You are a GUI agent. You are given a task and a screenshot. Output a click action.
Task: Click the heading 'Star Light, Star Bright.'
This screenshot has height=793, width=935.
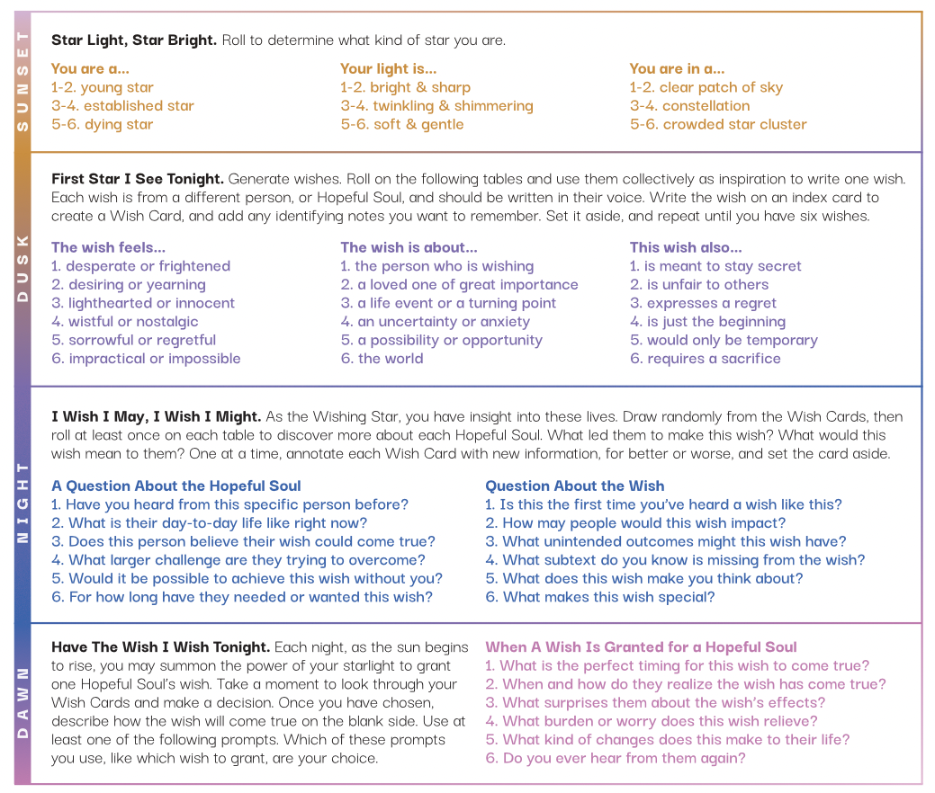pyautogui.click(x=133, y=40)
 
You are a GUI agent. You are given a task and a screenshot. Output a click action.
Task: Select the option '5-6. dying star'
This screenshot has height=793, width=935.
pyautogui.click(x=102, y=124)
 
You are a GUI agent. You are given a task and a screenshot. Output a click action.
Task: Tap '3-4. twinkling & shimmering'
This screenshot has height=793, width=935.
pyautogui.click(x=436, y=106)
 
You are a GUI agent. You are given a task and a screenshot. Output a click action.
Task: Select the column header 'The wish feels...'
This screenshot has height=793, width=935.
pyautogui.click(x=108, y=247)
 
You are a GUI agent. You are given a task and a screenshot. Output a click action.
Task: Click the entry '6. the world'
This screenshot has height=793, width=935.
pyautogui.click(x=382, y=359)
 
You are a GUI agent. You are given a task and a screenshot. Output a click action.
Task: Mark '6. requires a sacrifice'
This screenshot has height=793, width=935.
pyautogui.click(x=705, y=359)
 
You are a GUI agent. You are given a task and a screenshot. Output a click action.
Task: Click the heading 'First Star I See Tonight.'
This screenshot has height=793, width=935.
pyautogui.click(x=138, y=179)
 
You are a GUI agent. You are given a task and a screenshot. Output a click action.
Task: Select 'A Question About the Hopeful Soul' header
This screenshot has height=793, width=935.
pyautogui.click(x=176, y=486)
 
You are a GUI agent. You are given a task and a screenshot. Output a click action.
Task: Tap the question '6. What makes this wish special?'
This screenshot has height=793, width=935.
pyautogui.click(x=599, y=597)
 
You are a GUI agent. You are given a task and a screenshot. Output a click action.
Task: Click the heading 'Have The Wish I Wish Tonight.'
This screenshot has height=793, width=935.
pyautogui.click(x=160, y=647)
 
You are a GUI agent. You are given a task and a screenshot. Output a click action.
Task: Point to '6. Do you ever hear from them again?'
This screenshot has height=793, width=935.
pyautogui.click(x=615, y=758)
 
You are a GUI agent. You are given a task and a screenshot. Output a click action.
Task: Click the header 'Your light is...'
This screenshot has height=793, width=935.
pyautogui.click(x=388, y=68)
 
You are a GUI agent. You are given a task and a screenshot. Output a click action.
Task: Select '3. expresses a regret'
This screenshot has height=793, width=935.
pyautogui.click(x=703, y=303)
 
